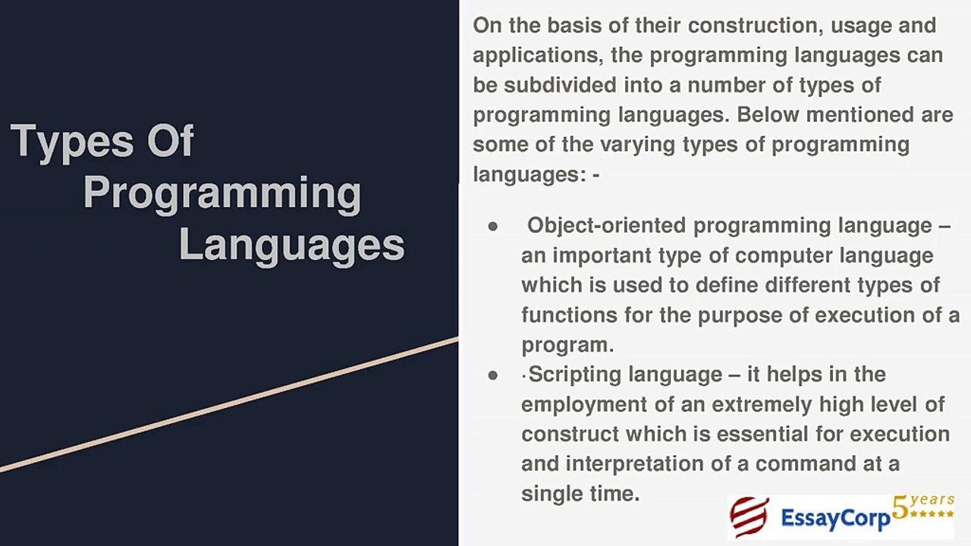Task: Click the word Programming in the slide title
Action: click(x=222, y=193)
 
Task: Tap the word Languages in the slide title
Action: click(x=291, y=245)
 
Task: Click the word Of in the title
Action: click(x=170, y=142)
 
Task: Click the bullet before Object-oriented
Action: click(x=493, y=227)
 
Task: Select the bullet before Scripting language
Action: click(x=493, y=375)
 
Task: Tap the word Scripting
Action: click(x=577, y=375)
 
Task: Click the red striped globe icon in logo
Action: click(x=749, y=517)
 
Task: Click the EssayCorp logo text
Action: click(x=834, y=519)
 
